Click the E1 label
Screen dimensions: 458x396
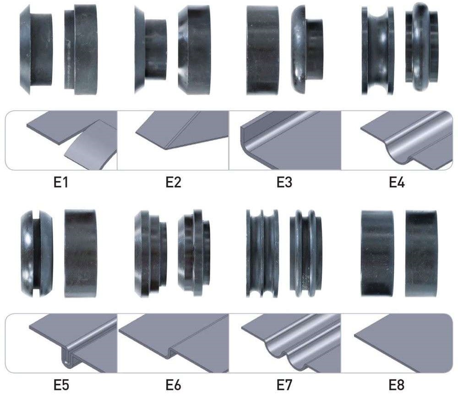[61, 183]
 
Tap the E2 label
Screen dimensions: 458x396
[173, 183]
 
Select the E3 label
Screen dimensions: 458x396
[284, 183]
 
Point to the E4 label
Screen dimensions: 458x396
[397, 183]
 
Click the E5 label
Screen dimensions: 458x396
[61, 385]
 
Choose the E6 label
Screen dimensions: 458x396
[173, 385]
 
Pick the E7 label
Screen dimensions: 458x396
[284, 385]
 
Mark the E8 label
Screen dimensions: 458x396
[397, 385]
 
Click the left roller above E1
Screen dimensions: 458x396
[36, 49]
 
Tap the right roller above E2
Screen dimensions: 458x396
[194, 49]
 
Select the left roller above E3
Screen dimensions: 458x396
[262, 50]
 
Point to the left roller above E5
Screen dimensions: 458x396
[37, 253]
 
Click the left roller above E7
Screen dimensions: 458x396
[262, 254]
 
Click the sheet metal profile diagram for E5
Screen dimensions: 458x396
[73, 343]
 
